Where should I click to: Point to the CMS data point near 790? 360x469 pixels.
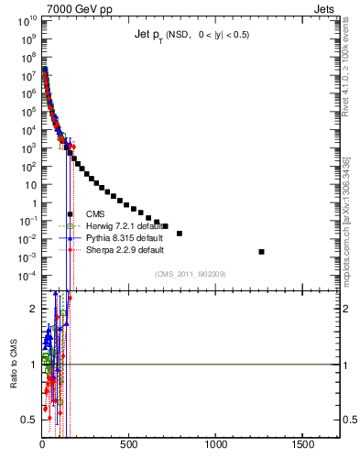coord(180,234)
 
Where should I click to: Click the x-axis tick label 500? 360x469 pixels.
coord(129,442)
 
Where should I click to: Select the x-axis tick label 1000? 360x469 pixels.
coord(216,442)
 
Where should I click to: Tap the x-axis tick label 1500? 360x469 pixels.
coord(303,442)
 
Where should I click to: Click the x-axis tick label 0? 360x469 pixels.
coord(42,442)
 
